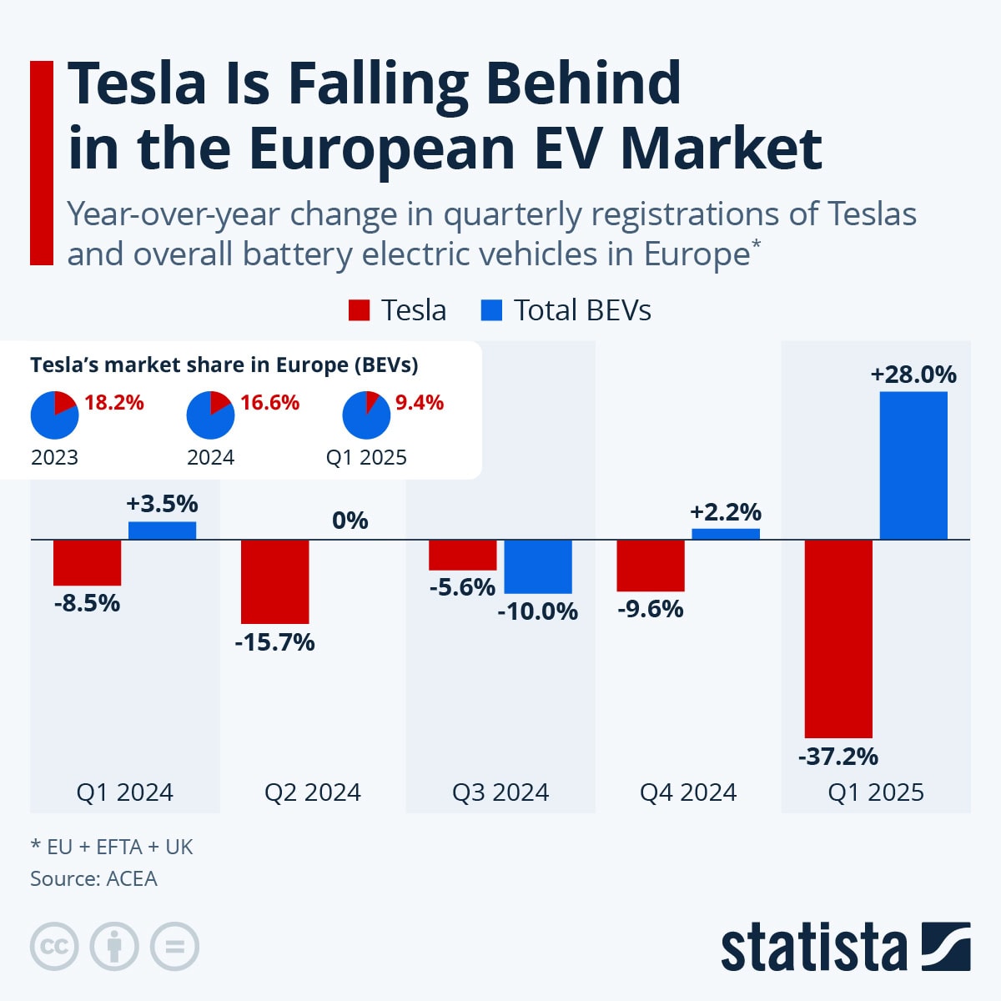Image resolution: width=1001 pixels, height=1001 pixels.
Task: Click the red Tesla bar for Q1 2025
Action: click(x=838, y=638)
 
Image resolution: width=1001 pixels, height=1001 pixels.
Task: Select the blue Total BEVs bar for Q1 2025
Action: click(x=913, y=465)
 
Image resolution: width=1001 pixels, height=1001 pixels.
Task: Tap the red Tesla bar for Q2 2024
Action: click(x=274, y=581)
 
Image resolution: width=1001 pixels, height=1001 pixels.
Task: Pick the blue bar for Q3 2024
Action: click(x=538, y=566)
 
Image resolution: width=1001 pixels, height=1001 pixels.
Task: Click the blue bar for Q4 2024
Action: click(x=726, y=534)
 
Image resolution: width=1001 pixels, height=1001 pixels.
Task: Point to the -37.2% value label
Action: click(x=838, y=757)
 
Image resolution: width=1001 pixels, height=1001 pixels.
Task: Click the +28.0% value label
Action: click(x=913, y=375)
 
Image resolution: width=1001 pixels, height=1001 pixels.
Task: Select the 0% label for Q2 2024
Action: click(x=350, y=521)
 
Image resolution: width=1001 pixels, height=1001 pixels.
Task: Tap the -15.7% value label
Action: click(x=274, y=642)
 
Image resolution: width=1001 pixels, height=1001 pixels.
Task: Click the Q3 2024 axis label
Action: click(x=500, y=792)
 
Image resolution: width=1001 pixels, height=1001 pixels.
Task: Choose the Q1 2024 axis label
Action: click(x=125, y=792)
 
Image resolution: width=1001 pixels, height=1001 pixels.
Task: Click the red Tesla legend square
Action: click(x=359, y=310)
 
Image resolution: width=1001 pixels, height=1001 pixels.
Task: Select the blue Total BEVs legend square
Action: click(x=492, y=310)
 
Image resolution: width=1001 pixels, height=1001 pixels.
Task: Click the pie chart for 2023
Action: click(x=54, y=415)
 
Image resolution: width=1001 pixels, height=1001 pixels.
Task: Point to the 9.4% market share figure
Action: click(x=420, y=403)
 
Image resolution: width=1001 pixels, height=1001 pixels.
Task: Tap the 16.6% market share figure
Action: click(x=269, y=403)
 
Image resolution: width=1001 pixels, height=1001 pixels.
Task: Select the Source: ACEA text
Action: click(x=93, y=878)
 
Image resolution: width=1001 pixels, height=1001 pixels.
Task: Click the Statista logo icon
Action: click(x=946, y=947)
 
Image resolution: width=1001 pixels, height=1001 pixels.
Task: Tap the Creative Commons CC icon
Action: click(x=54, y=947)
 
